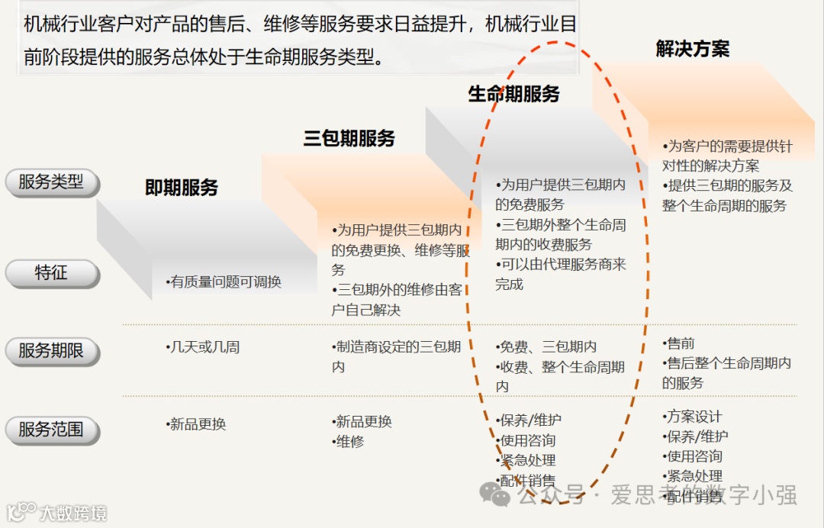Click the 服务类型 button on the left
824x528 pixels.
click(51, 182)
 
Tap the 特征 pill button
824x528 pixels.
click(51, 273)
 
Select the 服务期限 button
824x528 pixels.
click(51, 351)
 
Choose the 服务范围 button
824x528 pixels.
click(51, 430)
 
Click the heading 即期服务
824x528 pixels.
click(182, 188)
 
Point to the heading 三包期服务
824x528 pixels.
click(349, 139)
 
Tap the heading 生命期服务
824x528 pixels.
click(513, 94)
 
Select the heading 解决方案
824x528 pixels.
click(693, 49)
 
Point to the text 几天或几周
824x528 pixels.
click(203, 347)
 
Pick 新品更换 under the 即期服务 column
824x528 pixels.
click(197, 424)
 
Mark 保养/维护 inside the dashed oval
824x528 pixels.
click(529, 420)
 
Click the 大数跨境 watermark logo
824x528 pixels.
click(57, 513)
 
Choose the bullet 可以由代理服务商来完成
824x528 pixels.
click(560, 274)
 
